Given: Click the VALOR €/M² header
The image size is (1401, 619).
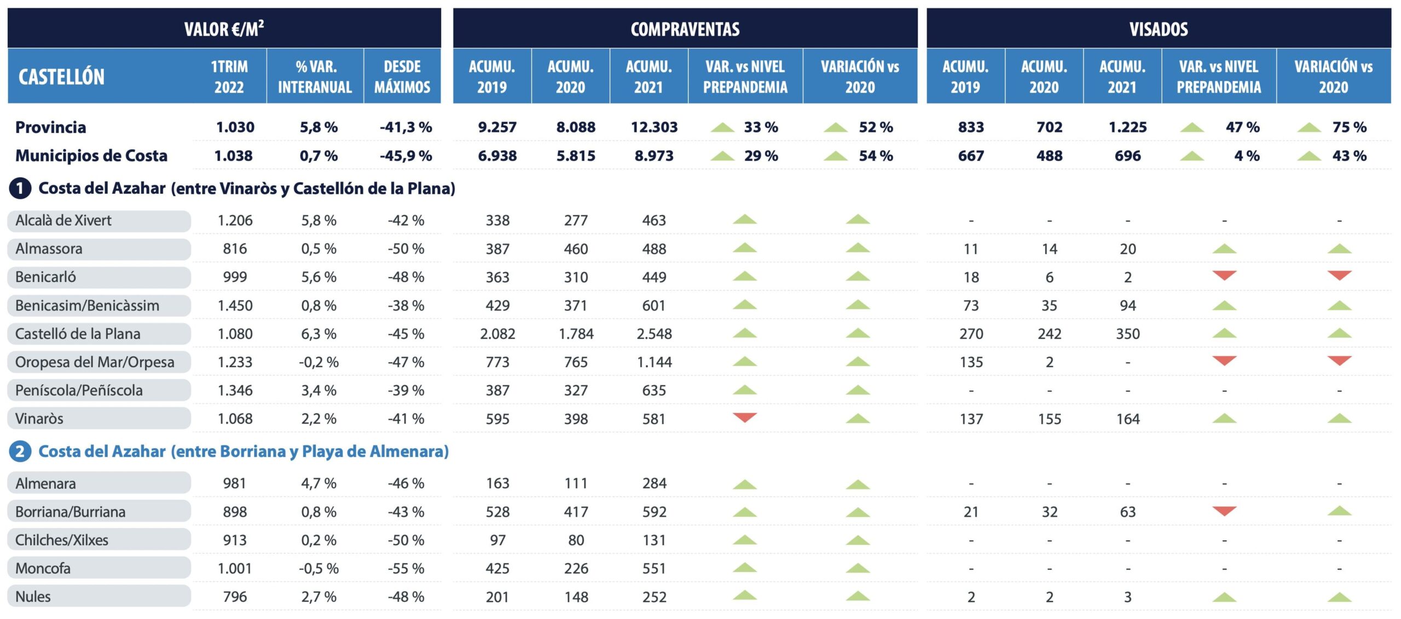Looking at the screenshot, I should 224,28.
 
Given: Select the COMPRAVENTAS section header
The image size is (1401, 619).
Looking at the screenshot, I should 685,29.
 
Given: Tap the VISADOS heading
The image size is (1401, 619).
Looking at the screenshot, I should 1158,29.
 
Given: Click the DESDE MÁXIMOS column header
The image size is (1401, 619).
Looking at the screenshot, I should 402,77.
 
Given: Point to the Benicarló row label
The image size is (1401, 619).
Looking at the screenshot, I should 46,277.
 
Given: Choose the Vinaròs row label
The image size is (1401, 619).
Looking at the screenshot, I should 39,419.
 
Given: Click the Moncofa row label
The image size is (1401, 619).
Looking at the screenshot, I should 43,568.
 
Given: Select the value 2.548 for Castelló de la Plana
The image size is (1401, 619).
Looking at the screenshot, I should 654,334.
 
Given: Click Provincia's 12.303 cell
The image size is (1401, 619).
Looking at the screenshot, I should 654,127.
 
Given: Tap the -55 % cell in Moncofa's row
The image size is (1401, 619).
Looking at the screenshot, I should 406,568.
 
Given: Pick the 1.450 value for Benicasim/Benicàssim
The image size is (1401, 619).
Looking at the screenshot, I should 235,305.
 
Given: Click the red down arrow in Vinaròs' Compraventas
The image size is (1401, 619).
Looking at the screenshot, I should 744,418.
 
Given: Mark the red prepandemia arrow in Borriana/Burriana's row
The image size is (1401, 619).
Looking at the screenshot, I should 1224,511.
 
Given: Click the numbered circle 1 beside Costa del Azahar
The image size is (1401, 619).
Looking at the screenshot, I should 20,188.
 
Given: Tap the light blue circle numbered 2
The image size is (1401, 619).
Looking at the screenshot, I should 20,452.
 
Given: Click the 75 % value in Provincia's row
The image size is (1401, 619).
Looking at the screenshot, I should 1349,127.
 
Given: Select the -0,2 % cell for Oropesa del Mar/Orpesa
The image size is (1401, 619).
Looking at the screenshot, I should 319,362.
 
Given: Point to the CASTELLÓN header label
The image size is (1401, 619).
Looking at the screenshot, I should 61,77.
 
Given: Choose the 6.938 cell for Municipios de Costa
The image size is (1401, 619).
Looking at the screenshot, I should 497,155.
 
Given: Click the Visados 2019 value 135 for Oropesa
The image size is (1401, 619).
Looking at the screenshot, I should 971,362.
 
